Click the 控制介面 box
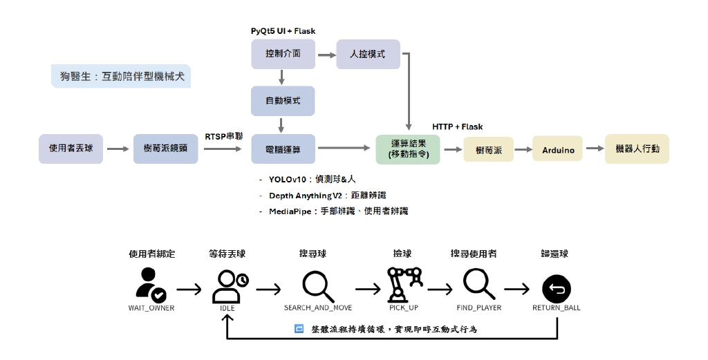tap(283, 54)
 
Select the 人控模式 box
tap(368, 54)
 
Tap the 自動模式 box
tap(283, 101)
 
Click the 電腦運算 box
tap(283, 149)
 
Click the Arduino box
tap(558, 149)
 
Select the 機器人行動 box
tap(637, 149)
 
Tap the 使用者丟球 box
tap(71, 149)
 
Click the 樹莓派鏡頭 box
tap(165, 149)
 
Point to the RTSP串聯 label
tap(224, 136)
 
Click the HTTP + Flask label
tap(457, 127)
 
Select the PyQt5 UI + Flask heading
tap(283, 32)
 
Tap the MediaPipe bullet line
tap(338, 211)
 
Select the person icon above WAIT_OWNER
tap(150, 285)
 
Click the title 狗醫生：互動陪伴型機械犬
tap(121, 77)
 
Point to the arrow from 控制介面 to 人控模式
tap(326, 54)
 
